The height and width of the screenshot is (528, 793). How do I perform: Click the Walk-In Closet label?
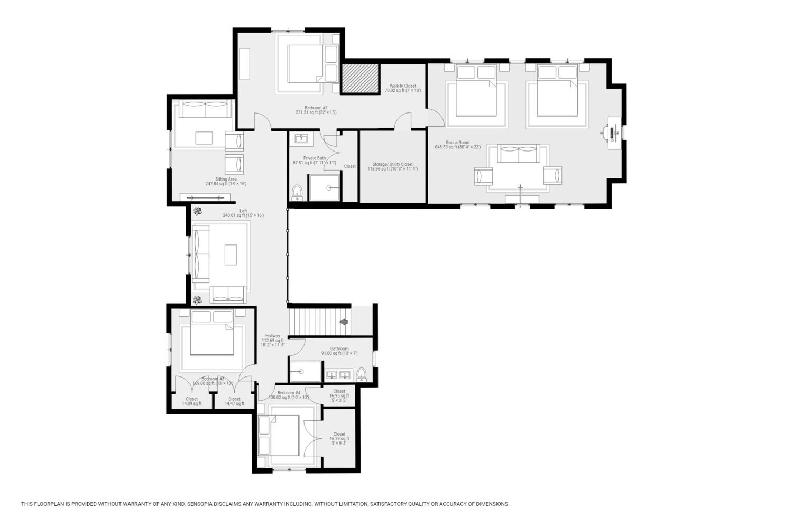click(x=403, y=88)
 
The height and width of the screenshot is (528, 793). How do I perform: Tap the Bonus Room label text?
click(x=458, y=142)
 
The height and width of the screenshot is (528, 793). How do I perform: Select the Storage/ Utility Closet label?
click(x=393, y=166)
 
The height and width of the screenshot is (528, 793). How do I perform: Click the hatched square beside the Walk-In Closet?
click(x=360, y=79)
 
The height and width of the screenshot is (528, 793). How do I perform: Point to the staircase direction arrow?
click(x=344, y=322)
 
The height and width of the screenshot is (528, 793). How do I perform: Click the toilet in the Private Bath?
click(x=297, y=193)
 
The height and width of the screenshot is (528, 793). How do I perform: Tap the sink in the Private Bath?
click(x=301, y=138)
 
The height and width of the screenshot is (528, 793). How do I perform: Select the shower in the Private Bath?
click(x=324, y=188)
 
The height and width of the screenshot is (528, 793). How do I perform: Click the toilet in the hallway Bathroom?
click(x=362, y=374)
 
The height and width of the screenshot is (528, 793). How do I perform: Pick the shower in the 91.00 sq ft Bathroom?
click(x=306, y=371)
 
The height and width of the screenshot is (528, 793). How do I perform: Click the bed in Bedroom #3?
click(x=212, y=333)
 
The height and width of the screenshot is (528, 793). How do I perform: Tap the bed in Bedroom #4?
click(x=279, y=436)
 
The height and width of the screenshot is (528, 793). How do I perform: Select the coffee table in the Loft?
click(x=230, y=254)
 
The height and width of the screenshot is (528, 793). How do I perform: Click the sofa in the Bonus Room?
click(x=519, y=153)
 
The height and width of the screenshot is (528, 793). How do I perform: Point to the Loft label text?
click(x=243, y=213)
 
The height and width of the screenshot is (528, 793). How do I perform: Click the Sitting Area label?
click(x=226, y=182)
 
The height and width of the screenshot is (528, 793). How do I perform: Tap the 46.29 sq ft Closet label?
click(x=339, y=439)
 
